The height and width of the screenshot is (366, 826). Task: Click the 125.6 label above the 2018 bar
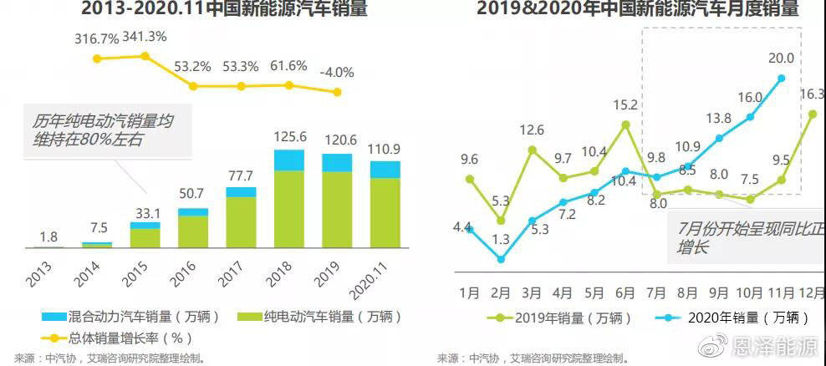coord(289,135)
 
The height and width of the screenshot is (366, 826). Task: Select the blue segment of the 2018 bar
coord(289,160)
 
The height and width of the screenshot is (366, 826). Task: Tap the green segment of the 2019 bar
coord(337,209)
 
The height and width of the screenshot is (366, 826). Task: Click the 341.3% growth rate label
coord(145,38)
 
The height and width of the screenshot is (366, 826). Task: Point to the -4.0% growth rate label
coord(337,72)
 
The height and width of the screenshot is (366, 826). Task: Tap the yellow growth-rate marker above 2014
coord(97,58)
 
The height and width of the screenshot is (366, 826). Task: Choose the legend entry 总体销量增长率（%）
coord(117,338)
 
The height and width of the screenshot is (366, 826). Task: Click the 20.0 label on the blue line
coord(782,58)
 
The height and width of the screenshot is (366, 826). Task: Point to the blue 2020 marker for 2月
coord(501,259)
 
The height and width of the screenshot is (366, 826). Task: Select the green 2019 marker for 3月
coord(532,150)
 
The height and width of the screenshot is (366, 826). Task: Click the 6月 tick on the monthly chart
coord(625,293)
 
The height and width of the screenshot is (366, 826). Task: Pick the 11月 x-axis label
coord(781,293)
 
